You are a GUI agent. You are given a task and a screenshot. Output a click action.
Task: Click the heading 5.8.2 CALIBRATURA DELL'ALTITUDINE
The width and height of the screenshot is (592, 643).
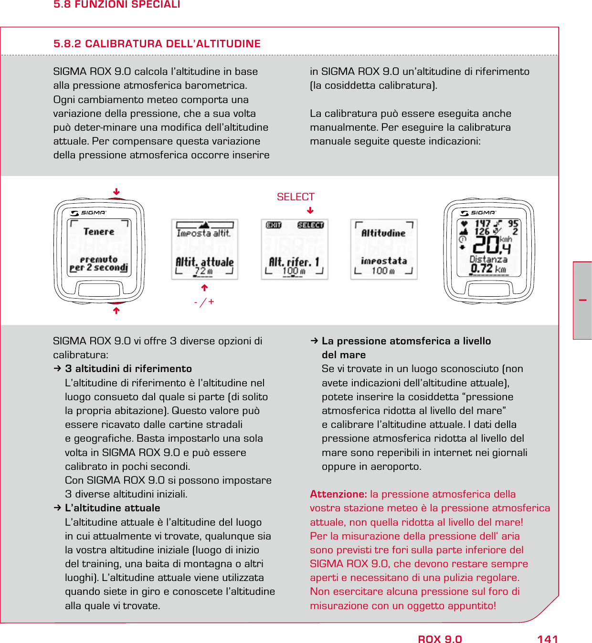click(x=157, y=44)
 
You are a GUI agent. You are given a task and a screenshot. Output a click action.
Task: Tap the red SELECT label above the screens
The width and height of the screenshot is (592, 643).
click(x=296, y=197)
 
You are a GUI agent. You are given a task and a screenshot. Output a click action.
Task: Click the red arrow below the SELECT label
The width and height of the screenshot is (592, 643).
click(x=310, y=210)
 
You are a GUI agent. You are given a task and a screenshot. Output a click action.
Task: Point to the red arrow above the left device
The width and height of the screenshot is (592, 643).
click(x=116, y=192)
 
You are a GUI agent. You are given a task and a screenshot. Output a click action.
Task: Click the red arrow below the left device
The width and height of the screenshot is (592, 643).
click(x=116, y=311)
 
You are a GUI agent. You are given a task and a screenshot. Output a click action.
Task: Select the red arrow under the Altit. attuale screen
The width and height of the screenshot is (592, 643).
click(x=204, y=288)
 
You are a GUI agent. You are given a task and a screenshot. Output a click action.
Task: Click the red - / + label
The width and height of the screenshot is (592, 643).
click(x=204, y=302)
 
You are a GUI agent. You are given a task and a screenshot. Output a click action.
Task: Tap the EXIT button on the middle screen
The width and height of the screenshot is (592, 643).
click(x=274, y=225)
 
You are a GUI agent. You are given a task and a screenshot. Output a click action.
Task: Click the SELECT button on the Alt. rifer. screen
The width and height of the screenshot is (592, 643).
click(x=310, y=225)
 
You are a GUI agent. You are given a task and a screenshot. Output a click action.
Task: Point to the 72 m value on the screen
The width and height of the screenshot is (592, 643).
click(x=203, y=271)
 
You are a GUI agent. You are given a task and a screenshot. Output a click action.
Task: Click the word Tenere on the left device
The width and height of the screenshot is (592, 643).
click(x=99, y=232)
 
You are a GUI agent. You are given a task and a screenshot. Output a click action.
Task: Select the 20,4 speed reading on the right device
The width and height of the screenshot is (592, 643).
click(x=491, y=245)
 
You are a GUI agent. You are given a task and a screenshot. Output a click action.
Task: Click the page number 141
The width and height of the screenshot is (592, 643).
click(x=547, y=639)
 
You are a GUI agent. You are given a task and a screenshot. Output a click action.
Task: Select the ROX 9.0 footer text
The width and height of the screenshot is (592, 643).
click(x=440, y=639)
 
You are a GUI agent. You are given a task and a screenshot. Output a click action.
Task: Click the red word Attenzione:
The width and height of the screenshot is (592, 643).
click(x=338, y=494)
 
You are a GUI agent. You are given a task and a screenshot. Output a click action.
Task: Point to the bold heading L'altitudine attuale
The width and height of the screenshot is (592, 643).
click(x=112, y=508)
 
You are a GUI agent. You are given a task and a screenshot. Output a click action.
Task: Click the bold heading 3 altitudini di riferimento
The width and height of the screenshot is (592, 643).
click(x=128, y=369)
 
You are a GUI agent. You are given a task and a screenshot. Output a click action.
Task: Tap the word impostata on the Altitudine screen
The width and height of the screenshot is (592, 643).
click(x=384, y=261)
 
